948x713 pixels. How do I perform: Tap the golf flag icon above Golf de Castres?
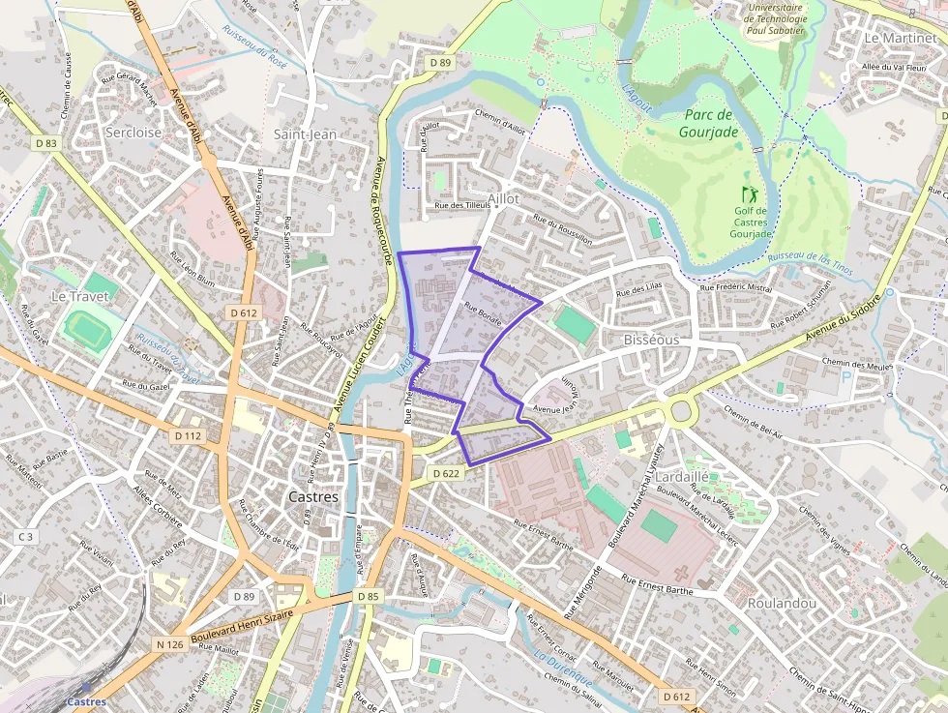749,194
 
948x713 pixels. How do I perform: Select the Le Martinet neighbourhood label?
900,38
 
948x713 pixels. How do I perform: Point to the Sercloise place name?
133,132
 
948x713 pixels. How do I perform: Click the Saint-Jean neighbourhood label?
305,134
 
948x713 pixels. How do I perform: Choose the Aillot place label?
503,198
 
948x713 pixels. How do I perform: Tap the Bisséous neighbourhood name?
651,341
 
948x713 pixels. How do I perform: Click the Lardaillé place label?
682,477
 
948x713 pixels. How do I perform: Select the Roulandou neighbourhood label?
782,603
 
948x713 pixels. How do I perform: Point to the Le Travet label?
79,296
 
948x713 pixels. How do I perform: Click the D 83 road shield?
46,143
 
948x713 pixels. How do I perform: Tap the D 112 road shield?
189,435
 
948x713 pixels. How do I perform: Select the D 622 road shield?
445,473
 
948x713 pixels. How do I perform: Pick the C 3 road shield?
25,536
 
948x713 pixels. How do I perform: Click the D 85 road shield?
368,596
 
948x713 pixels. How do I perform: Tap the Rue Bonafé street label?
483,316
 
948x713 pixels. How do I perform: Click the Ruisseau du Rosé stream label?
254,47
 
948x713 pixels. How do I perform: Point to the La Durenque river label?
563,670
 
